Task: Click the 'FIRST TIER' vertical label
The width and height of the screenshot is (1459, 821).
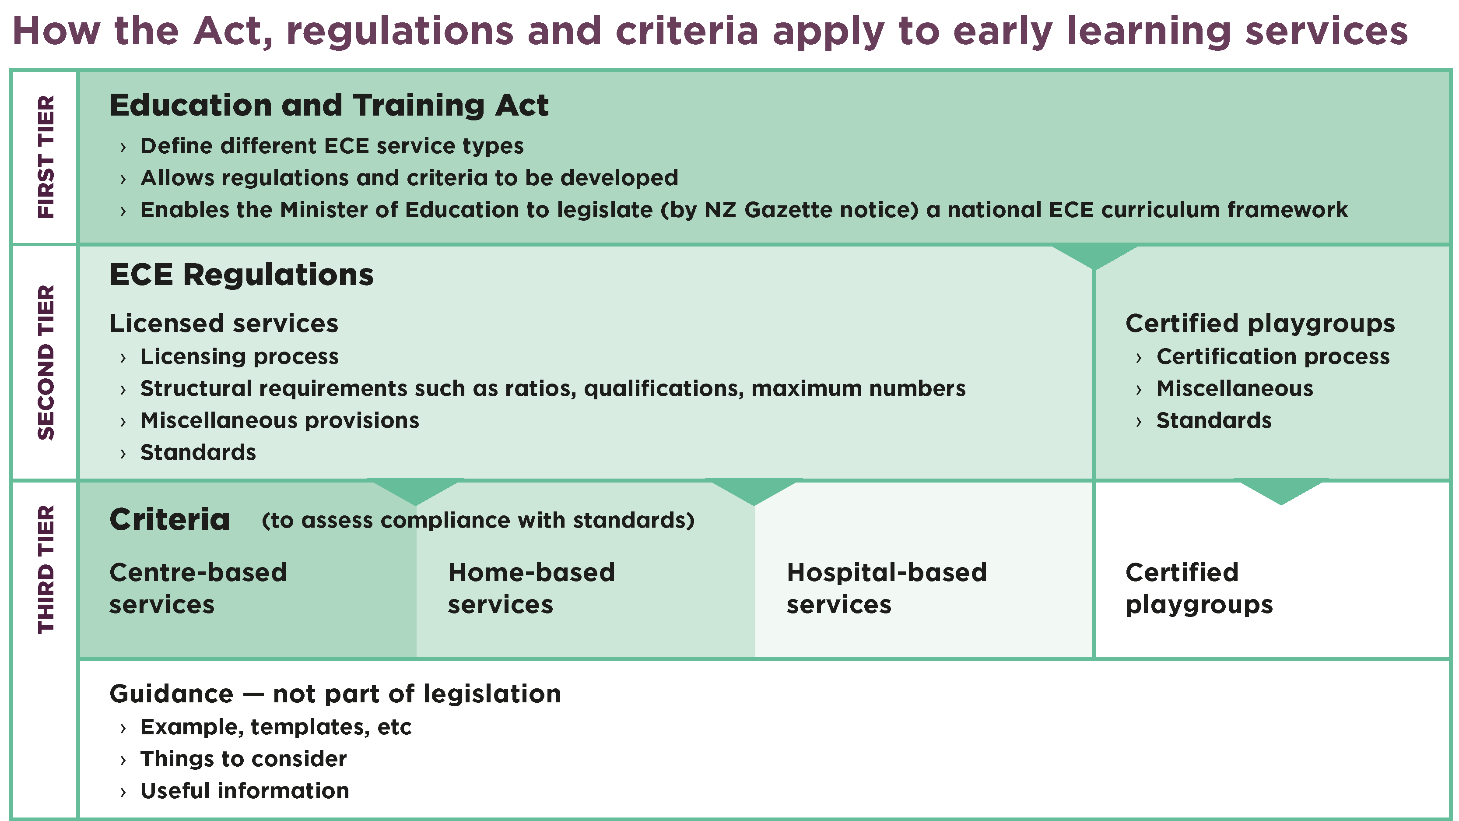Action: pyautogui.click(x=46, y=157)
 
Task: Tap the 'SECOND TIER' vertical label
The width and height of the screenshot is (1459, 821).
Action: pyautogui.click(x=46, y=362)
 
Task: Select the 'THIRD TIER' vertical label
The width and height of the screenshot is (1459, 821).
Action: pyautogui.click(x=46, y=569)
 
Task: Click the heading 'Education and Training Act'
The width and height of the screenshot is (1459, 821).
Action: pyautogui.click(x=329, y=106)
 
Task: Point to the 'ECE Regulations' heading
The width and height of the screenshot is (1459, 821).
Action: pyautogui.click(x=241, y=275)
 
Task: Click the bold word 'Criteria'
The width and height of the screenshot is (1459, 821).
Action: pyautogui.click(x=169, y=520)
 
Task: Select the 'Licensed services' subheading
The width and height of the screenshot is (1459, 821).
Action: pyautogui.click(x=224, y=324)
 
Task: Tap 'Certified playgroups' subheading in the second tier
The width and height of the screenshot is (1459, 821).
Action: pyautogui.click(x=1259, y=324)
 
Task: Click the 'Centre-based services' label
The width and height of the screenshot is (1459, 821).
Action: pyautogui.click(x=198, y=588)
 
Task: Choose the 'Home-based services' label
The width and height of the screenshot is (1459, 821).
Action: pyautogui.click(x=531, y=588)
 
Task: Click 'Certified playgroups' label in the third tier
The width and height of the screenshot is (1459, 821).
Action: pyautogui.click(x=1199, y=588)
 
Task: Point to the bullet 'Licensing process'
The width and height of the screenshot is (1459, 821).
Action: pyautogui.click(x=239, y=356)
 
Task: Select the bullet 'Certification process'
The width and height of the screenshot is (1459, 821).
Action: pyautogui.click(x=1273, y=356)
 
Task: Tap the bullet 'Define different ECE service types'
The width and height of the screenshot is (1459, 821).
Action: pyautogui.click(x=331, y=146)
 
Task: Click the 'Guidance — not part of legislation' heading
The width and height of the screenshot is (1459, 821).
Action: pyautogui.click(x=335, y=694)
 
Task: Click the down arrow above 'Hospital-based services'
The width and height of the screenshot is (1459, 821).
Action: pyautogui.click(x=754, y=492)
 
